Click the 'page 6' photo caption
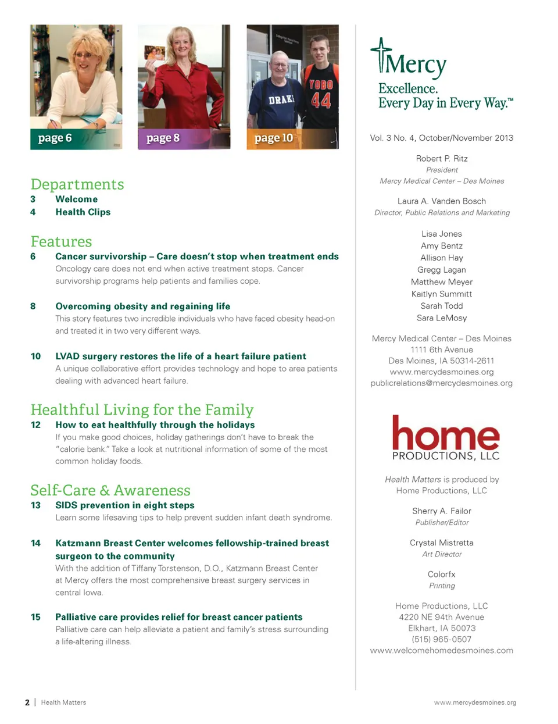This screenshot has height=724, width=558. (x=55, y=138)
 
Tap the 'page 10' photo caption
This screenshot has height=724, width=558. (x=274, y=138)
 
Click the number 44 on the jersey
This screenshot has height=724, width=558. (x=321, y=100)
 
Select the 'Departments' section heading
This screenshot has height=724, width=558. (x=77, y=184)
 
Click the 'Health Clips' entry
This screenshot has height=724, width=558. (x=83, y=212)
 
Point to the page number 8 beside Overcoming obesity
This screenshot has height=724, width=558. (x=33, y=306)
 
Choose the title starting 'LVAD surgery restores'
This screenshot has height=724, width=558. (x=181, y=356)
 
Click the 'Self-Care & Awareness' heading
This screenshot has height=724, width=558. (x=110, y=490)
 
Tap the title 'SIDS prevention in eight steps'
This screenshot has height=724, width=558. (x=125, y=505)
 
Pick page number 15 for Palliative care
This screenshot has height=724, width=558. (x=35, y=617)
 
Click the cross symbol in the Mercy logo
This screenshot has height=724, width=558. (x=381, y=54)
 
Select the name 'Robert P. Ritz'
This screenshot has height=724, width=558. (x=442, y=159)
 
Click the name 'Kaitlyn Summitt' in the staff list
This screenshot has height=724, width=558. (x=442, y=294)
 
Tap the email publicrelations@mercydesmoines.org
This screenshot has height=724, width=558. (x=442, y=383)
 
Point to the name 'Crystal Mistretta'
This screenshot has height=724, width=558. (x=442, y=543)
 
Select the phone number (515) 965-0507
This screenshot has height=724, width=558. (x=442, y=639)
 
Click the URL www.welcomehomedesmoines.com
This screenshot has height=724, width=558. (x=442, y=651)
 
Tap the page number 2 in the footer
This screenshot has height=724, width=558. (x=27, y=702)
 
